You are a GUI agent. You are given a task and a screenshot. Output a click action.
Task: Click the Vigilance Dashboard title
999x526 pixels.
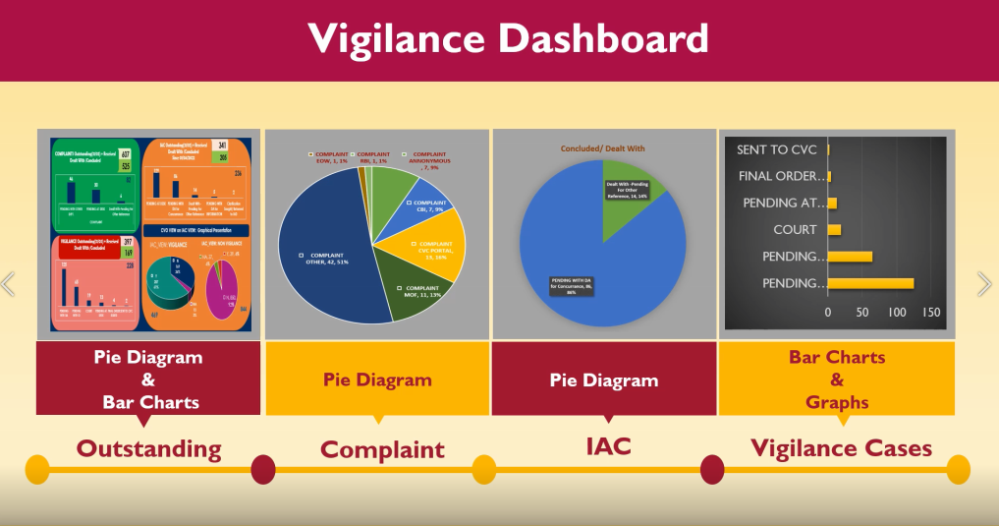pos(508,39)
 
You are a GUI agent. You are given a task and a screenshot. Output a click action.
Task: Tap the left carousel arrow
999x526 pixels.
pos(9,284)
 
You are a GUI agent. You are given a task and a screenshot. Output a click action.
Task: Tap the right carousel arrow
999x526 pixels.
pos(984,284)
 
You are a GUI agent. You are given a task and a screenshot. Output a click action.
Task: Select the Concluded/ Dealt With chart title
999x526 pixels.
pos(603,148)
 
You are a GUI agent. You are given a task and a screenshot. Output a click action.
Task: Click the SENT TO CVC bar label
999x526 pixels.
pos(777,149)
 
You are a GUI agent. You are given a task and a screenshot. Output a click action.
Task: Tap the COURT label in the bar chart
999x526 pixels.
pos(795,229)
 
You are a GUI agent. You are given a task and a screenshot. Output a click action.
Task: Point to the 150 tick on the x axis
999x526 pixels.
pos(931,312)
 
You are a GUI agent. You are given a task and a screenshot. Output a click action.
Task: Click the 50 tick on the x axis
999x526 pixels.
pos(862,312)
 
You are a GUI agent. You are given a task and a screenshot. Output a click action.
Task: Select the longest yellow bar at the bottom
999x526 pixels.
pos(870,283)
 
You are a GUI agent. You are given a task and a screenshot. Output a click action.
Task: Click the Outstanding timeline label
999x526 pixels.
pos(149,449)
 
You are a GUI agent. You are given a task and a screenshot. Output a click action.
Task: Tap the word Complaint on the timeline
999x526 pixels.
pos(382,450)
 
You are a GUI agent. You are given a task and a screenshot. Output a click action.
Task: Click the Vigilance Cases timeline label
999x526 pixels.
pos(841,449)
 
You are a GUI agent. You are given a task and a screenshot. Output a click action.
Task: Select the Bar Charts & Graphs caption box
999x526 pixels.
pos(837,379)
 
